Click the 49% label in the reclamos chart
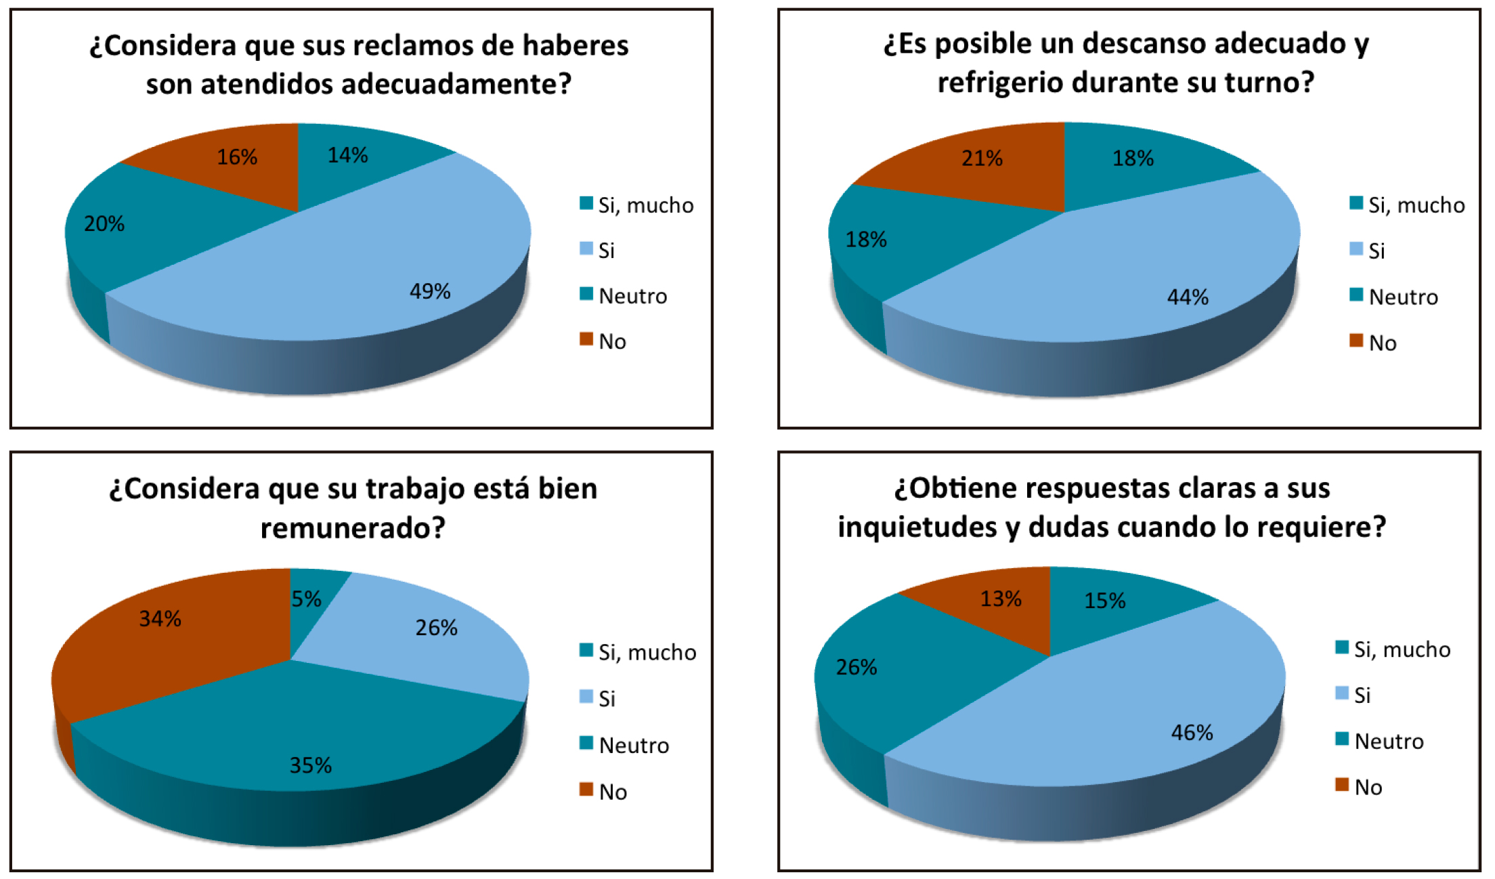[430, 291]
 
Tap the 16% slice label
[237, 157]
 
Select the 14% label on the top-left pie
[348, 155]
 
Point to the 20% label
[104, 223]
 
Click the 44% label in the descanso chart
[1188, 297]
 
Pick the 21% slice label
[982, 158]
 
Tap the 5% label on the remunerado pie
[306, 599]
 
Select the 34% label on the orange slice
[160, 618]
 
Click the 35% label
[311, 765]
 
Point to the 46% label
[1192, 732]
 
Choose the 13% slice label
[1001, 599]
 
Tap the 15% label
[1105, 601]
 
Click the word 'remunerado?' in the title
[353, 528]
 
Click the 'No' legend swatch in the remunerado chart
[586, 790]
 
